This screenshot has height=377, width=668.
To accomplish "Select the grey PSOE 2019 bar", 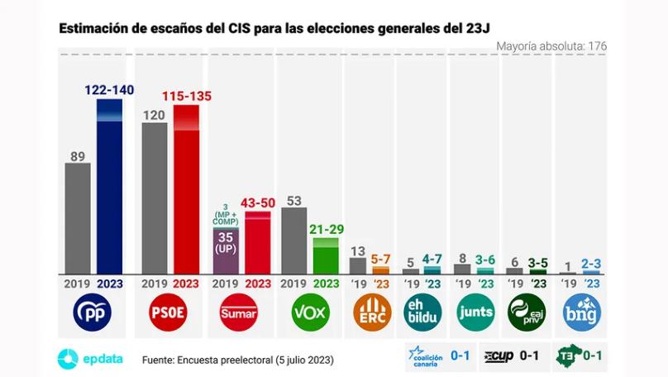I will (x=155, y=198).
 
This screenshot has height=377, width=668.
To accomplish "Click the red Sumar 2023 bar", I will (x=258, y=243).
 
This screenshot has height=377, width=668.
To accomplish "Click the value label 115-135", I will (x=186, y=96).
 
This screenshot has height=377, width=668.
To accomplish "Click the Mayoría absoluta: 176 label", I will (x=551, y=46).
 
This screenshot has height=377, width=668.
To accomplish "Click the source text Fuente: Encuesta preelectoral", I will (x=238, y=360).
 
